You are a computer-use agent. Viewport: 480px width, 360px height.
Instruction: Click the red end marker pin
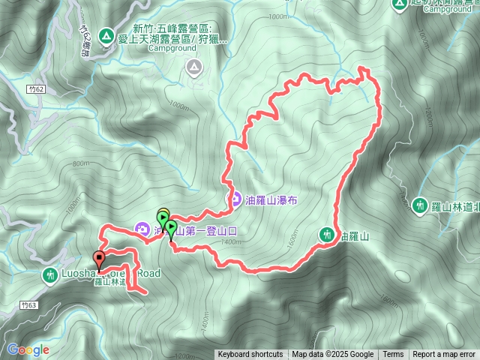tap(98, 261)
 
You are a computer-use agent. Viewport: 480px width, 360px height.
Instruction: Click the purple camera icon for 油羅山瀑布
tap(234, 200)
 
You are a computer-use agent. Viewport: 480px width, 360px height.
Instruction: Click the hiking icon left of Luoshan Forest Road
tap(50, 275)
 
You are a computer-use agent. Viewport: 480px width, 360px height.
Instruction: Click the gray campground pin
tap(194, 69)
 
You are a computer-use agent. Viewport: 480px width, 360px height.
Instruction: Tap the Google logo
tap(28, 349)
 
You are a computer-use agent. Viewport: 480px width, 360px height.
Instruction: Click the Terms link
tap(393, 355)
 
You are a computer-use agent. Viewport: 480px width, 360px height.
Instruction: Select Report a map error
tap(444, 355)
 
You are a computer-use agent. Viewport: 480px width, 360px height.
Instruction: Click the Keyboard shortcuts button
tap(250, 355)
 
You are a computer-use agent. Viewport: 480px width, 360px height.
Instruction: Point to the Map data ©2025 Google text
tap(333, 355)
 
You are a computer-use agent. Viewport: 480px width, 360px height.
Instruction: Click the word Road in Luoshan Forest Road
tap(147, 274)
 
